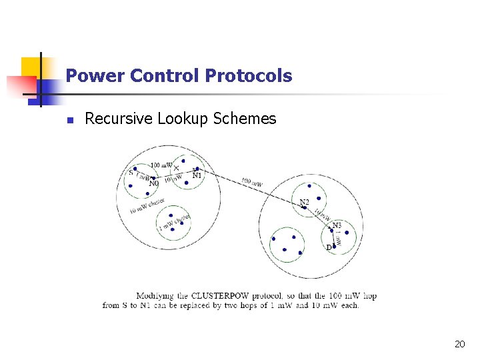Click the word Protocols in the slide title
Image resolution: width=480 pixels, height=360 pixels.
249,76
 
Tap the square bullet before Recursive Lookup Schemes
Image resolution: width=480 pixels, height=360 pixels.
68,121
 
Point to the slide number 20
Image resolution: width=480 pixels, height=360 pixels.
459,344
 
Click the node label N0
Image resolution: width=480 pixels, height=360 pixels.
154,183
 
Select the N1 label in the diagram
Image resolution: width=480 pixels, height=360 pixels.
197,176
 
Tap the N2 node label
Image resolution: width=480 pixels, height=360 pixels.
304,202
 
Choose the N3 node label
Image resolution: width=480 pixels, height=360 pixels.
337,225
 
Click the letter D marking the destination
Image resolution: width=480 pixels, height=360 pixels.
329,247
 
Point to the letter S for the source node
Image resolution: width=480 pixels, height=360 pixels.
131,173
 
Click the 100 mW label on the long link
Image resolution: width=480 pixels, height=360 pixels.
252,181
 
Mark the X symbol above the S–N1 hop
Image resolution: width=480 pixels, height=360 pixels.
176,167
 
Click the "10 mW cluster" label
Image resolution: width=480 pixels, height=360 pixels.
147,206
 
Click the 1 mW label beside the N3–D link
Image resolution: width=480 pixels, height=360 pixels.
338,239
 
